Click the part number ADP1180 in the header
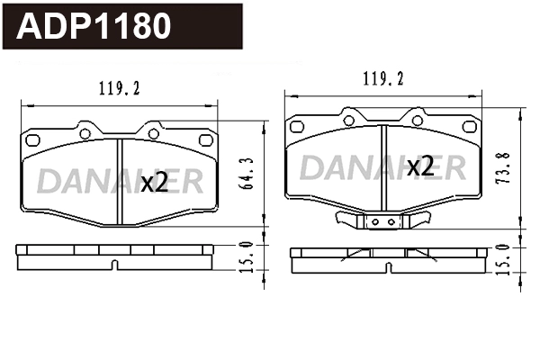coord(94,26)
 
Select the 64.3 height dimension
coord(244,174)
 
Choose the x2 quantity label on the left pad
coord(155,183)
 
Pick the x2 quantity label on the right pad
coord(420,166)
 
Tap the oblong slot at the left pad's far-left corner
coord(33,140)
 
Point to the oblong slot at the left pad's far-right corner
coord(203,140)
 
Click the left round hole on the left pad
coord(85,133)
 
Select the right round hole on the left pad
coord(153,133)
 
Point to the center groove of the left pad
coord(119,180)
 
